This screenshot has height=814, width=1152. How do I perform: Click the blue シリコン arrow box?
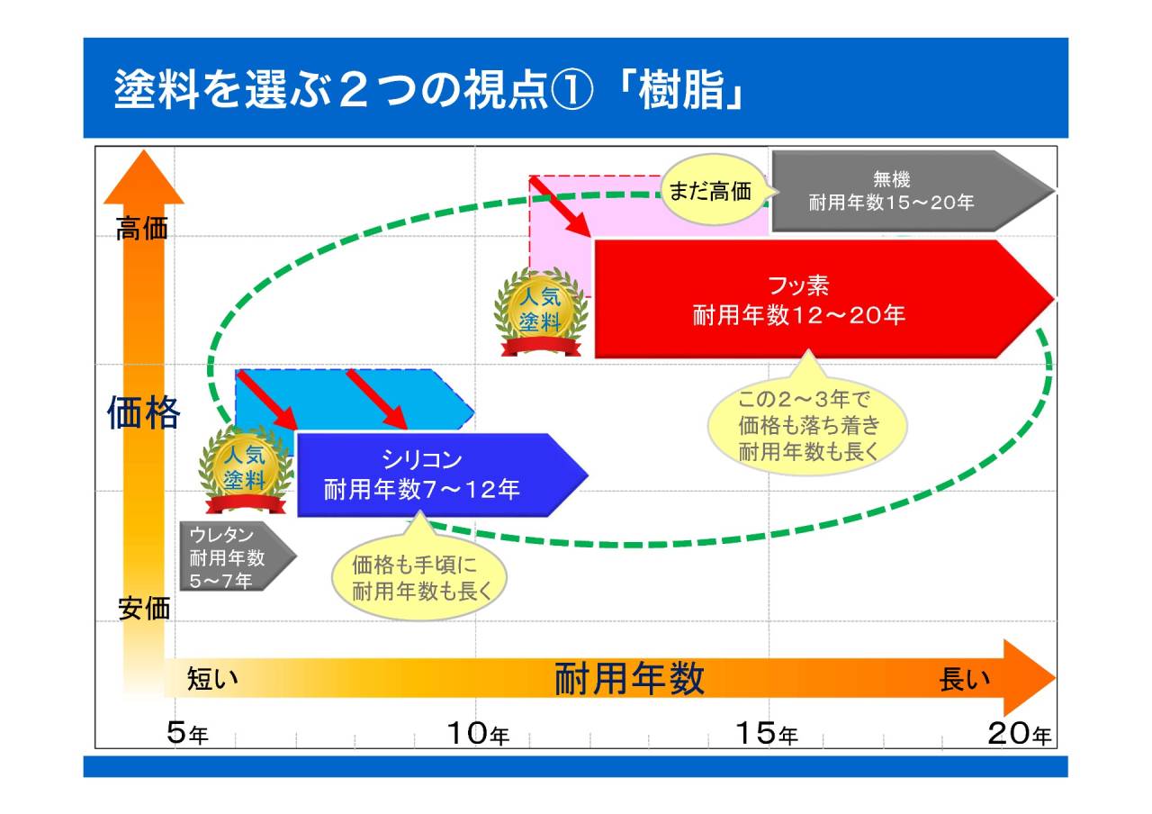(x=432, y=475)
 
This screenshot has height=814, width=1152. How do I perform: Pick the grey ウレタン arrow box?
(x=232, y=556)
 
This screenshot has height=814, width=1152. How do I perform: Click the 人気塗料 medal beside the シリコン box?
(x=246, y=471)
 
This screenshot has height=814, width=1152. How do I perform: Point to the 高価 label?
(x=142, y=230)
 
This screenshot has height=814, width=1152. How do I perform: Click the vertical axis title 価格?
(x=144, y=412)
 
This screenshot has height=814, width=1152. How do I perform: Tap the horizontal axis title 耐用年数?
(x=629, y=678)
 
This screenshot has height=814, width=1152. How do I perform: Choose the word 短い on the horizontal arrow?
(x=213, y=679)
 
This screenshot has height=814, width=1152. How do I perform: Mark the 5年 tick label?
(x=187, y=734)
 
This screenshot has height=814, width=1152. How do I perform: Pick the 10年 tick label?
(x=478, y=734)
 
